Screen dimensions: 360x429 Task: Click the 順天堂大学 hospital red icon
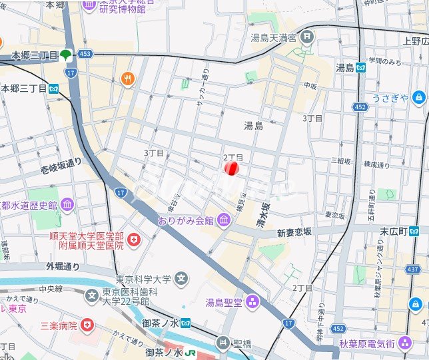click(134, 239)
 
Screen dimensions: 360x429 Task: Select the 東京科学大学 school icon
click(181, 279)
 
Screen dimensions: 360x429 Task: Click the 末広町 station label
click(393, 231)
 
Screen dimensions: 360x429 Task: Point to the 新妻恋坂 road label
click(294, 232)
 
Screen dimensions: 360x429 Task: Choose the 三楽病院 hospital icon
click(87, 326)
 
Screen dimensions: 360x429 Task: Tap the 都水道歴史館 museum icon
click(67, 204)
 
